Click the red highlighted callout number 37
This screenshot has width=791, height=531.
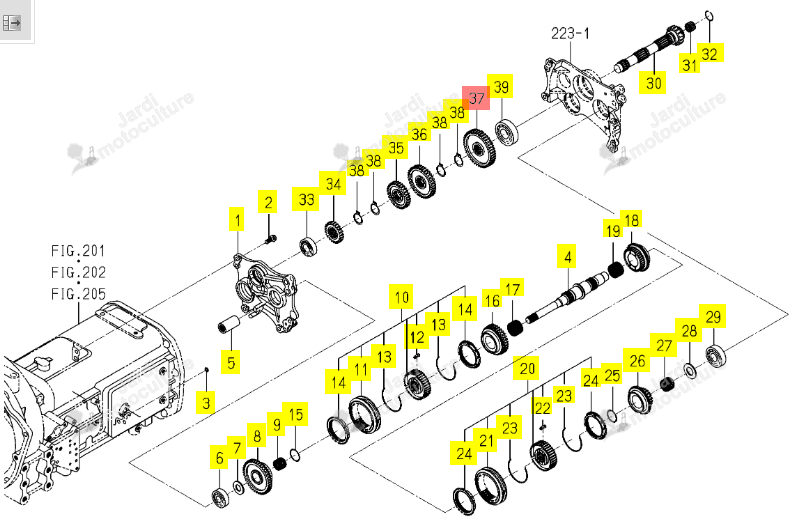pos(476,97)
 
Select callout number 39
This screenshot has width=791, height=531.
pos(500,86)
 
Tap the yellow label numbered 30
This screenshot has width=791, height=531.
pos(653,82)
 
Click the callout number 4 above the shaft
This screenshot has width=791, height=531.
pos(568,257)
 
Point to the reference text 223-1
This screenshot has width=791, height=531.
pos(570,34)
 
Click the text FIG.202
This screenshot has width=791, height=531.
pos(78,272)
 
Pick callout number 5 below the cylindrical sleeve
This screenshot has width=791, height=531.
pos(231,362)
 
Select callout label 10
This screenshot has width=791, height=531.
pos(402,297)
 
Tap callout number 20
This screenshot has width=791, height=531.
pos(527,368)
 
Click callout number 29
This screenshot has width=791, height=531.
pos(712,316)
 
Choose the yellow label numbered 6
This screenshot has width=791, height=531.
pos(219,457)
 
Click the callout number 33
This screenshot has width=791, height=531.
pos(306,199)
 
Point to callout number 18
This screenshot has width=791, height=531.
pos(631,220)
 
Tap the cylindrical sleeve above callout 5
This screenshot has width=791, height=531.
pos(229,324)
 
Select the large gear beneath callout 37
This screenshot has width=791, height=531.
pos(480,148)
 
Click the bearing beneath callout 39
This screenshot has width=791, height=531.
pos(506,131)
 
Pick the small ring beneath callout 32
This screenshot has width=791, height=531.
pos(709,16)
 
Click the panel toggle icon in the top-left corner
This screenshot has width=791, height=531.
pos(12,22)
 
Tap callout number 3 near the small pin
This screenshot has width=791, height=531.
pos(206,402)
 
